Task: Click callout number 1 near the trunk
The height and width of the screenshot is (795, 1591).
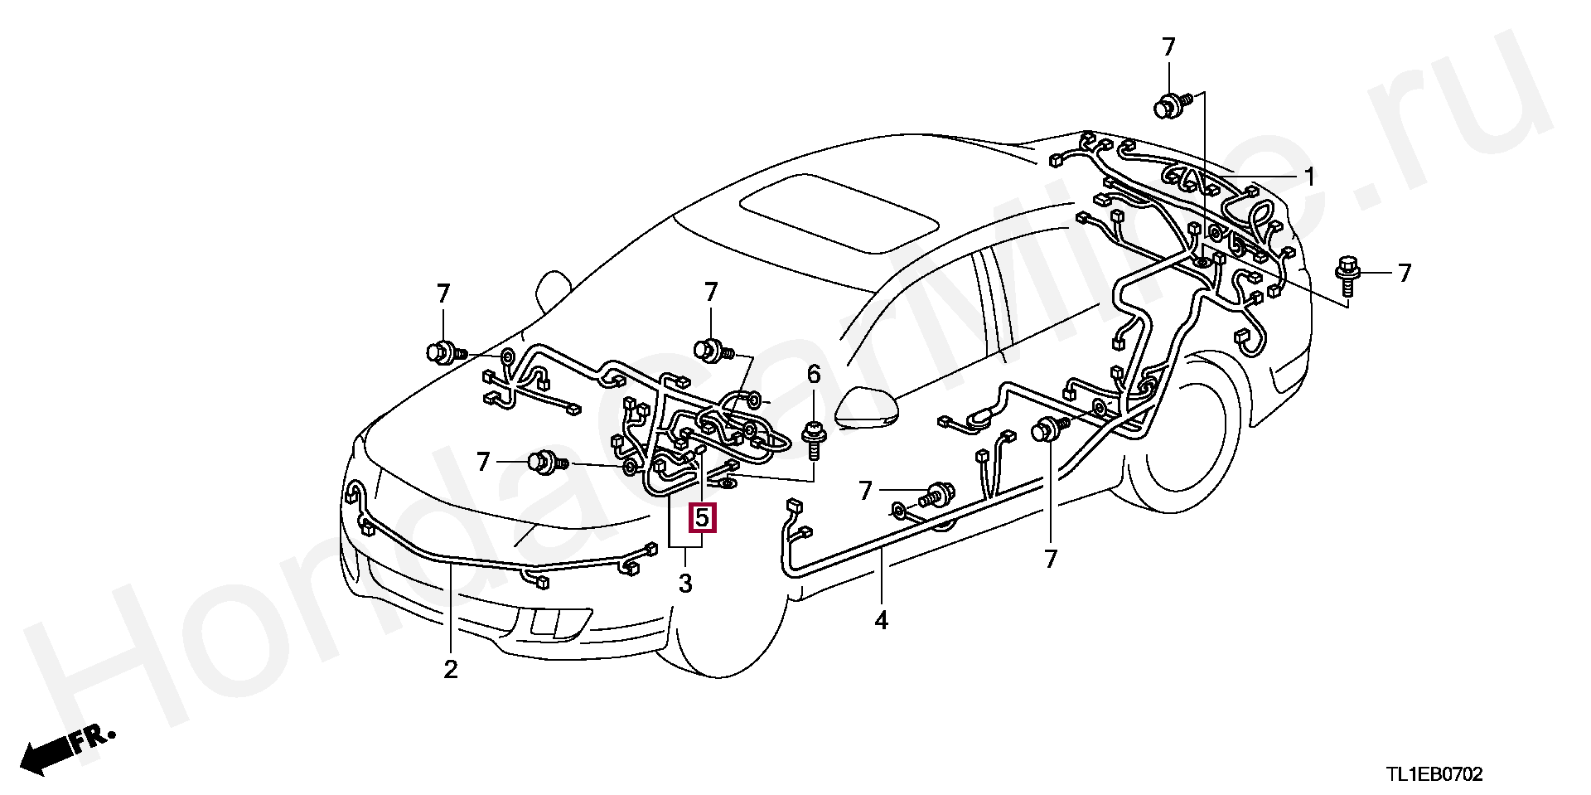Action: click(1309, 177)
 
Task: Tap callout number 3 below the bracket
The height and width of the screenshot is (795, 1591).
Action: click(685, 584)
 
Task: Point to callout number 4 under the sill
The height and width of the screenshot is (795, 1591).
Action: click(881, 619)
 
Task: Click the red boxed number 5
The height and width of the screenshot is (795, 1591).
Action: click(702, 519)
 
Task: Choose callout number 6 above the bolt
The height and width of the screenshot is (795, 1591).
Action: click(814, 375)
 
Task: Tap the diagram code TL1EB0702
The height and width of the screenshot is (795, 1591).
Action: click(1435, 775)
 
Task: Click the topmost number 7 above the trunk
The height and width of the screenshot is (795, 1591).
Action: click(1168, 47)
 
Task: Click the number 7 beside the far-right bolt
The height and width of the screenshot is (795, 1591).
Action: click(1404, 273)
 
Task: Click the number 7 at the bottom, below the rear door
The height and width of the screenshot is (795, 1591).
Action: click(1051, 560)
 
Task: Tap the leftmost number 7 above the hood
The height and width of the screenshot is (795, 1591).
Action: click(443, 293)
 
